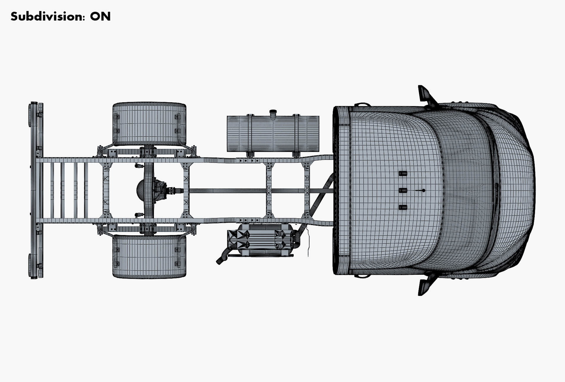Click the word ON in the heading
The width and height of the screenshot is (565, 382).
tap(100, 16)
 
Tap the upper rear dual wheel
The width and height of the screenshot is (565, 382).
tap(149, 124)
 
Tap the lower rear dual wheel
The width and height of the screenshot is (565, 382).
tap(149, 256)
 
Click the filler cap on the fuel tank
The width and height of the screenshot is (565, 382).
tap(273, 112)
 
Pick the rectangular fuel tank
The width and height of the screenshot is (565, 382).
tap(273, 134)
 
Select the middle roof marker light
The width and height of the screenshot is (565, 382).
tap(403, 190)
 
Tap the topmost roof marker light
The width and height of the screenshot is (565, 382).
tap(403, 173)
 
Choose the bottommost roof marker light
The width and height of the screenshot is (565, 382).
tap(403, 207)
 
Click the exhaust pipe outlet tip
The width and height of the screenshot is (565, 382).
tap(220, 261)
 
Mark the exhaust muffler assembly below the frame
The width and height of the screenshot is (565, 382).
tap(260, 239)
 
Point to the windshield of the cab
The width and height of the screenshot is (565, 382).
tap(465, 190)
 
